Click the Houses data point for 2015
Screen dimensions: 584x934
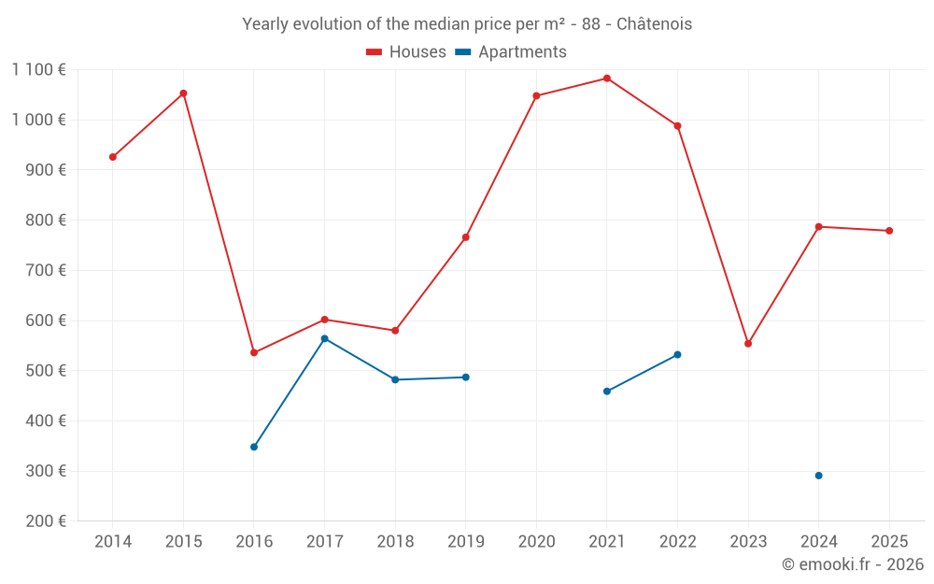coord(183,93)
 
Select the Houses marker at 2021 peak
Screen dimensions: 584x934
coord(607,78)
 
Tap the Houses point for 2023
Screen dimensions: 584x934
coord(748,344)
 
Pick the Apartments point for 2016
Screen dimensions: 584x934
coord(254,447)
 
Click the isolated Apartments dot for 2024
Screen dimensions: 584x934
coord(819,476)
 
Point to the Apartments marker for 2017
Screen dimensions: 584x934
coord(324,338)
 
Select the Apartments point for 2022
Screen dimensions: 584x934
coord(677,355)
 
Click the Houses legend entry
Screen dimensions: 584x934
coord(405,52)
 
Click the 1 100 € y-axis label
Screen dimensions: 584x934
coord(38,69)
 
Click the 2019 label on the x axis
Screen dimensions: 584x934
coord(465,541)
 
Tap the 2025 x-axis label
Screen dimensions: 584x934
coord(889,541)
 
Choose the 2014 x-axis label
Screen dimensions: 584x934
coord(113,541)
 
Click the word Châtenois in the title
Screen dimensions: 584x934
coord(654,24)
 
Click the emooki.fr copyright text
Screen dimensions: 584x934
coord(852,564)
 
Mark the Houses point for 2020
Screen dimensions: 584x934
coord(536,95)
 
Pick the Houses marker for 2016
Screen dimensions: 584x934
coord(254,352)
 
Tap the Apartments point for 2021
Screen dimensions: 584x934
coord(607,392)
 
